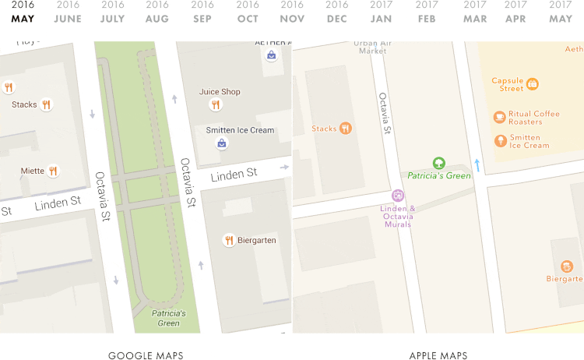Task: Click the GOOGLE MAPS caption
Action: point(146,356)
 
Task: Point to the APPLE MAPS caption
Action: point(438,356)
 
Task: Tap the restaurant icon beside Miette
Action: point(53,171)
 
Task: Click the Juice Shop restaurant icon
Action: point(216,104)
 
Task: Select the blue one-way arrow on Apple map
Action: point(477,165)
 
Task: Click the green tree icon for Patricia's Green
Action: point(438,163)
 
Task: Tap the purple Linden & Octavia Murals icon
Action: point(398,196)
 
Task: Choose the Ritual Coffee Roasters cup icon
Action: point(499,117)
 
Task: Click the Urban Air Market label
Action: point(371,47)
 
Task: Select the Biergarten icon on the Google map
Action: point(228,240)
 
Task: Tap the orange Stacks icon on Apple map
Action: point(346,129)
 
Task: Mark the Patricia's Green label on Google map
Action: point(168,318)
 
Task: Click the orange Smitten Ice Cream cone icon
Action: point(499,141)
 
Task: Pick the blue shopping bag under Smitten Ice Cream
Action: point(222,143)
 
